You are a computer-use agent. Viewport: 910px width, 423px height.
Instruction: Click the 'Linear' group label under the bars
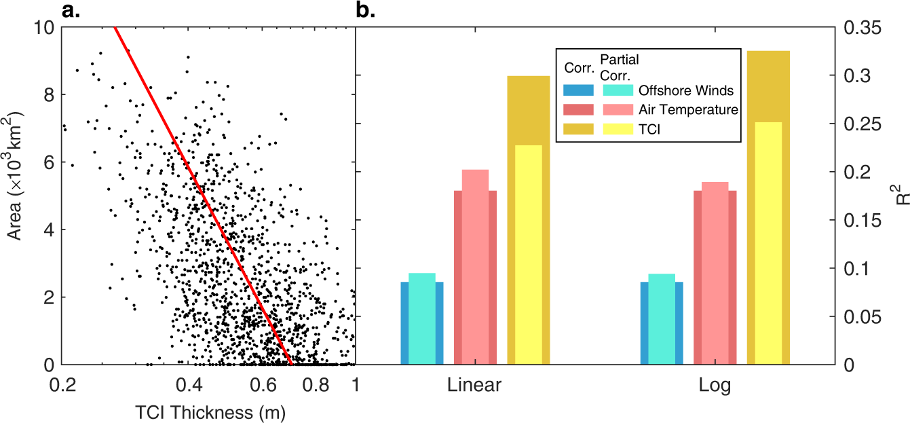tap(474, 386)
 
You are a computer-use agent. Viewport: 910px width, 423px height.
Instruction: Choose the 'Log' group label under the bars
tap(715, 386)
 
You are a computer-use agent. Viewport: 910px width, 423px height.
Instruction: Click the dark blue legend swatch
tap(579, 90)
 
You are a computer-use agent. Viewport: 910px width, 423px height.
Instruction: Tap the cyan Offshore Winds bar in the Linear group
tap(421, 319)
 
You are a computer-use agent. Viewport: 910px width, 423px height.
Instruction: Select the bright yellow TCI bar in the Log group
tap(768, 244)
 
